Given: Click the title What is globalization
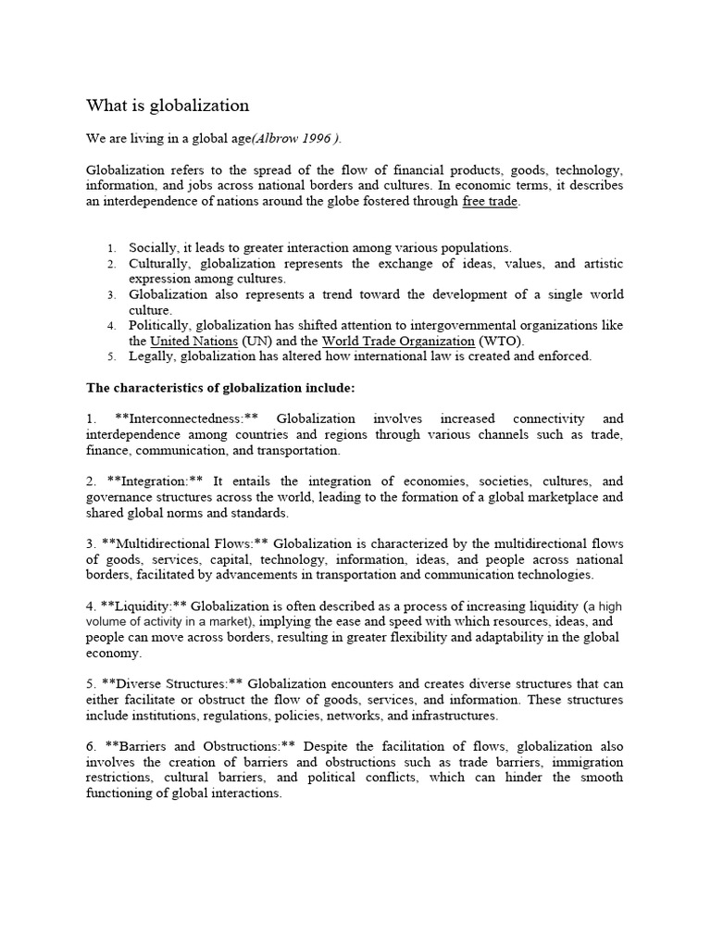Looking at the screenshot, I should click(x=168, y=106).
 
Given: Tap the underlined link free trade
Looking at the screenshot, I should click(x=490, y=202).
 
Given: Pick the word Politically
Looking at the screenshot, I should click(x=159, y=326).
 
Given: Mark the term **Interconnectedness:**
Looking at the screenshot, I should click(x=185, y=419).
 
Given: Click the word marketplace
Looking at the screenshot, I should click(x=546, y=497).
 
